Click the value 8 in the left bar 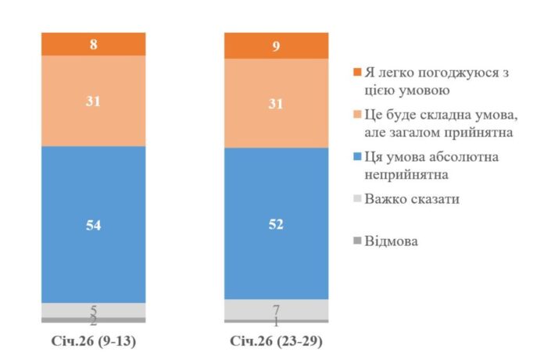click(x=93, y=45)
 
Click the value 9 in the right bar click(x=276, y=46)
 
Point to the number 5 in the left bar click(x=93, y=310)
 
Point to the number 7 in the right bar click(x=276, y=309)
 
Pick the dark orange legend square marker click(x=357, y=73)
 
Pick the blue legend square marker click(x=357, y=158)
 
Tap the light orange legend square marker click(x=357, y=116)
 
